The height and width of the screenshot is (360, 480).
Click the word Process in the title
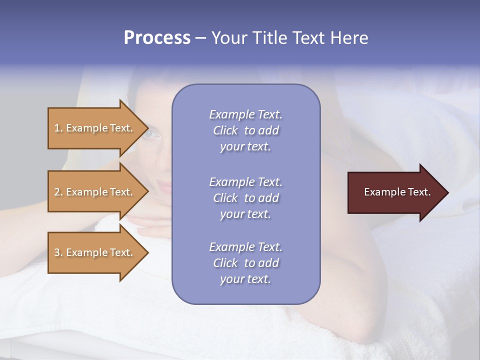point(157,38)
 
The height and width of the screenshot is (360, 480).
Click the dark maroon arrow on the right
point(395,192)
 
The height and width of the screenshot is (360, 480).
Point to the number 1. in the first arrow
point(58,128)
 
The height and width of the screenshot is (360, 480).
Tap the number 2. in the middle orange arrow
point(58,192)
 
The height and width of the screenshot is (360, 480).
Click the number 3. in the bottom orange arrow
point(58,252)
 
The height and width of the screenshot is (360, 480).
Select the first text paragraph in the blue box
point(245,130)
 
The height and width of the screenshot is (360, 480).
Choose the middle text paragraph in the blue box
point(245,198)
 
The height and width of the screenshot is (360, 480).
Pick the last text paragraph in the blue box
point(245,263)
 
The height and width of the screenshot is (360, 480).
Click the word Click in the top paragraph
point(225,130)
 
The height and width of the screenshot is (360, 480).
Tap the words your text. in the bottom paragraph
point(245,279)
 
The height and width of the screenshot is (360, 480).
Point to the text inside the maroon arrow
point(397,192)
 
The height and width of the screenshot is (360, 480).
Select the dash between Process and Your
point(200,38)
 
